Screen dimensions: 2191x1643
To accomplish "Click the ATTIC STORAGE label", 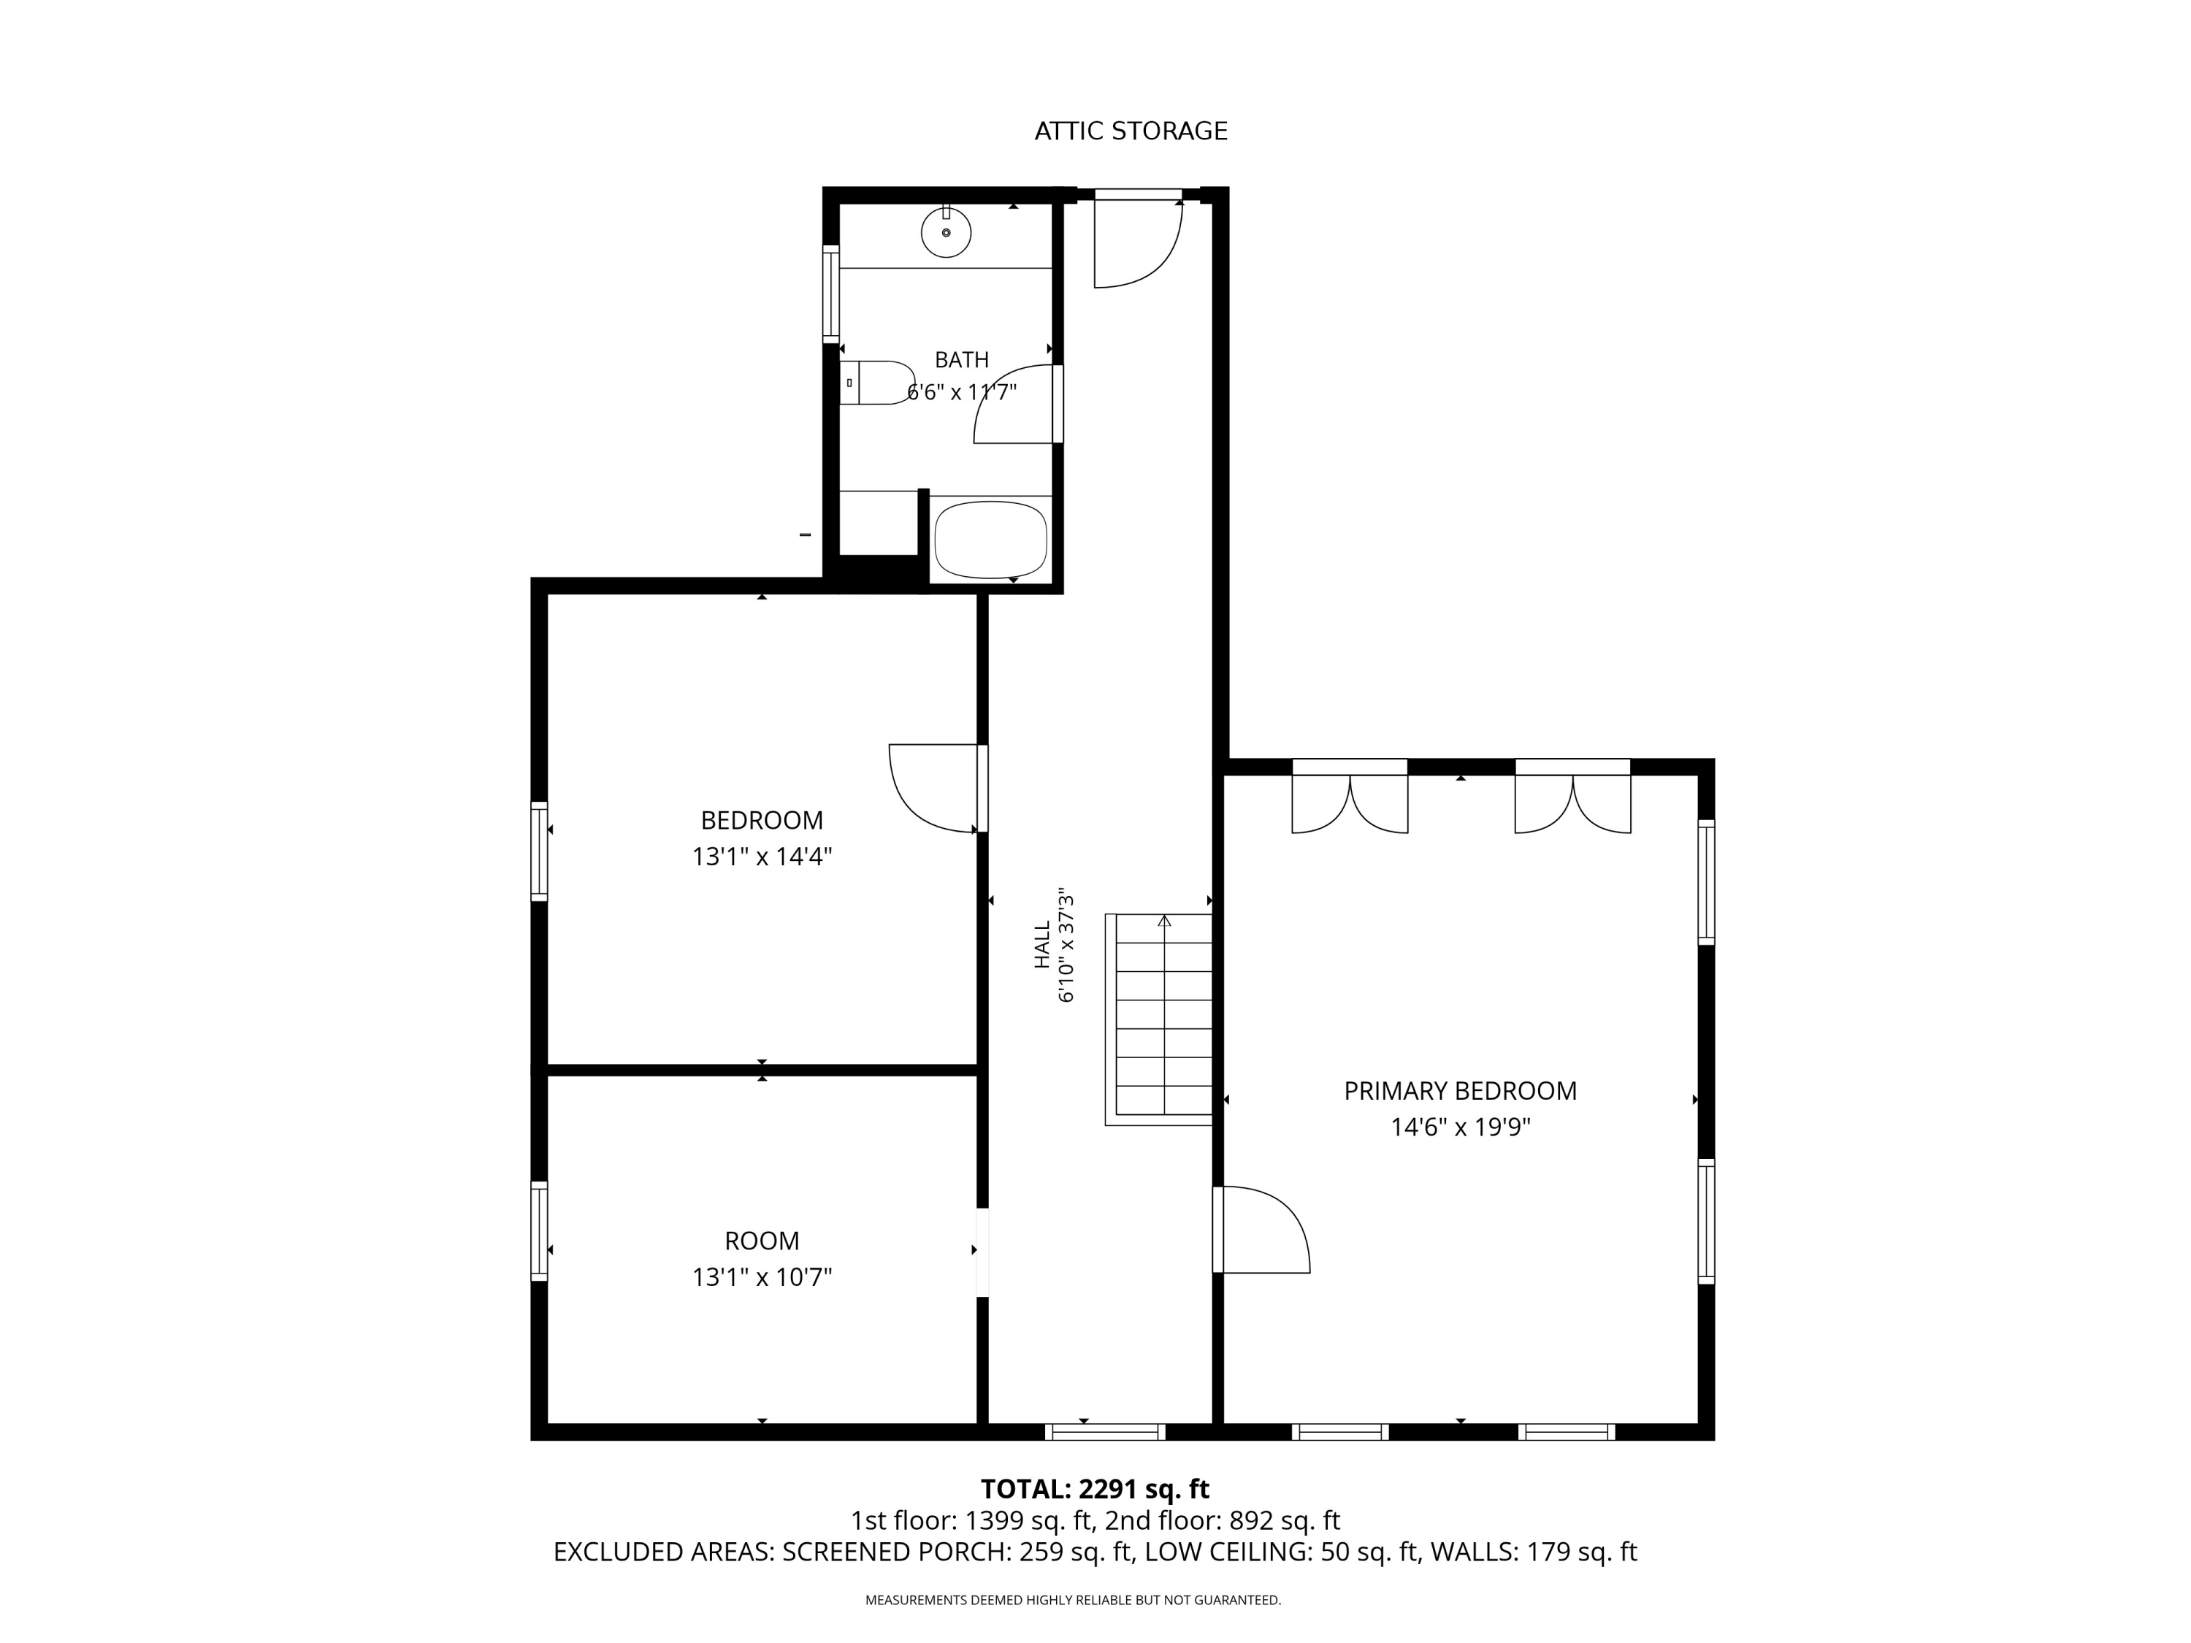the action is [x=1131, y=131].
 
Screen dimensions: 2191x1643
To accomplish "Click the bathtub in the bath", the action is [x=990, y=540].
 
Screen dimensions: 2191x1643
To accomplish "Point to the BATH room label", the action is [x=962, y=359].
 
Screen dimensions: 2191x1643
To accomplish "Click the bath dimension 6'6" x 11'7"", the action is [x=962, y=392].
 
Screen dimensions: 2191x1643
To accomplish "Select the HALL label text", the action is [x=1042, y=945].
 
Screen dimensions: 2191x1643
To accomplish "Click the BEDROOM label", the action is [x=762, y=820].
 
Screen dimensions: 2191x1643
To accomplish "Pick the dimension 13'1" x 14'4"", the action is [x=762, y=857].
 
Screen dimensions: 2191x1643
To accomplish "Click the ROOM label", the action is [x=762, y=1241].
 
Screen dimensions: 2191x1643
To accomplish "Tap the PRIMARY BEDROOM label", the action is [x=1460, y=1090].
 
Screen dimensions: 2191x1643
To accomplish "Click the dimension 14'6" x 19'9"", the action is [x=1460, y=1127].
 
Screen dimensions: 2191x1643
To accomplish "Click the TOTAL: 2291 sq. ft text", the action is [x=1095, y=1488].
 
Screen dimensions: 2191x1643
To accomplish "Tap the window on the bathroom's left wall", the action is [x=831, y=294].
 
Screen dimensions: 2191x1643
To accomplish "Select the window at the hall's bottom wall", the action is [x=1104, y=1431].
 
